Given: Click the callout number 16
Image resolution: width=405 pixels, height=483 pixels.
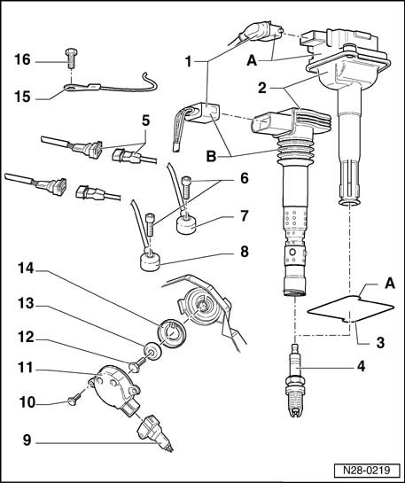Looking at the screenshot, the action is [x=23, y=59].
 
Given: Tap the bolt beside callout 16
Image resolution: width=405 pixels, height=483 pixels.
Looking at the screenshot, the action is [x=71, y=58].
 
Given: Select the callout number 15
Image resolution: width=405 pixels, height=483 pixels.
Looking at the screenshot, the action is [x=23, y=97].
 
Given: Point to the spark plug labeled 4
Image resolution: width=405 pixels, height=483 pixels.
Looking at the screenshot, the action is [x=295, y=381].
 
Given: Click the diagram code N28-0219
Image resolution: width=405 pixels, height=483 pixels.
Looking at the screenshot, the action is [x=367, y=471].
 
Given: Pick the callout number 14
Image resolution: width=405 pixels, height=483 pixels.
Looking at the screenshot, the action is [x=26, y=269].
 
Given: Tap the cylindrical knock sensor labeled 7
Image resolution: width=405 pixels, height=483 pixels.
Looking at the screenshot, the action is [x=187, y=224].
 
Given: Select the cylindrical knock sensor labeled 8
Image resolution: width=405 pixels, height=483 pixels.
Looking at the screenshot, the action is [x=151, y=261].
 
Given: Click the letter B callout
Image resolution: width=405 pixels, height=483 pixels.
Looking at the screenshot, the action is [x=211, y=156].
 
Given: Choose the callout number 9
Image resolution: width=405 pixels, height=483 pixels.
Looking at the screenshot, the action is [x=27, y=440].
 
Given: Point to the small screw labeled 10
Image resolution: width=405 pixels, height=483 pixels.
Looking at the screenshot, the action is [x=74, y=401].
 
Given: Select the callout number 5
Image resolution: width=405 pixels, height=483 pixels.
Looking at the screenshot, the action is [x=145, y=121].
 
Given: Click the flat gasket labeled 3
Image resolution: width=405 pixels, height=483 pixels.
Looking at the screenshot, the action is [x=351, y=309].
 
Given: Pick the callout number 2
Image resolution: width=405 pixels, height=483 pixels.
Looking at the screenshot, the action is [x=262, y=88].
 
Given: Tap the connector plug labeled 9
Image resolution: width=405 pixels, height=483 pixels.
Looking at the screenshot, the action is [x=154, y=432].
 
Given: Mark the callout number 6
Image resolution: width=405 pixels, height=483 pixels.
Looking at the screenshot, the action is [x=245, y=178].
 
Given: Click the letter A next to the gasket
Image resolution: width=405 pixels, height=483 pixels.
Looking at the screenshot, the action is [x=390, y=284].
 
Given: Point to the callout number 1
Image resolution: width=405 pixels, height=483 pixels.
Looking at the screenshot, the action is [x=188, y=62].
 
